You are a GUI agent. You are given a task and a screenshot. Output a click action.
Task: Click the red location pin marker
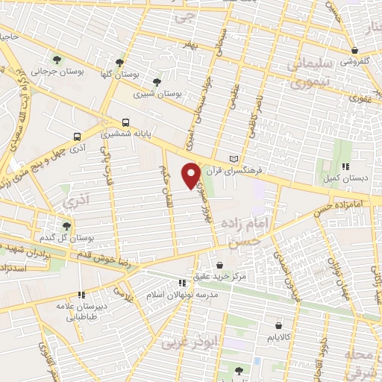point(192,175)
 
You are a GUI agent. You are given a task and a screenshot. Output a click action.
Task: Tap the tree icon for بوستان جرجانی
point(57,59)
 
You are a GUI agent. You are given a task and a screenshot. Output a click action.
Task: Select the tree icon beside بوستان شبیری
point(157,82)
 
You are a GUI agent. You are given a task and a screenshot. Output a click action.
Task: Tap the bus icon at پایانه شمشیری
point(125,122)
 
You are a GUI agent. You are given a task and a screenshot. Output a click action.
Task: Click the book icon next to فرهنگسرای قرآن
point(236,159)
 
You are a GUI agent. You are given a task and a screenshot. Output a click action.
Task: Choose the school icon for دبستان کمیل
point(345,167)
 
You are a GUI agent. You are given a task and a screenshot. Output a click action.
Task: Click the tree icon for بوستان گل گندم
point(67,225)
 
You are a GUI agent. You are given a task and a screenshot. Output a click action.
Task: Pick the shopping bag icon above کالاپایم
point(279,325)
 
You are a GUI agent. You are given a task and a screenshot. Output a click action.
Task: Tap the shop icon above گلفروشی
point(355,51)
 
